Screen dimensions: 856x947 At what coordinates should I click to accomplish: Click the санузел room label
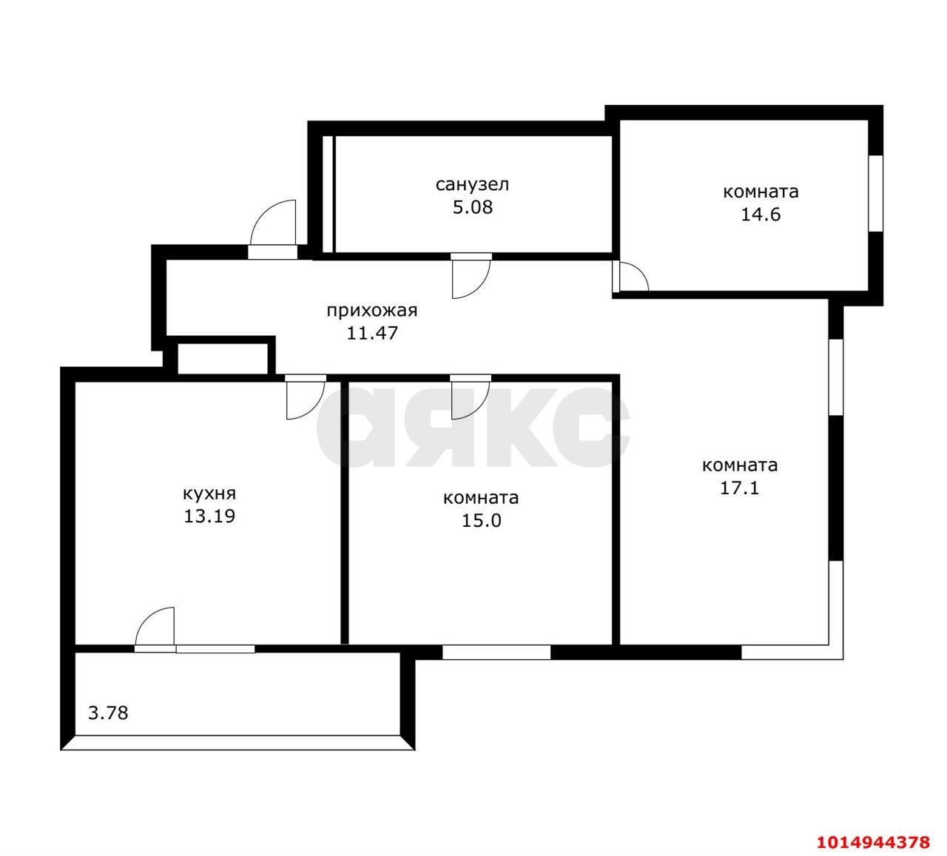pos(472,184)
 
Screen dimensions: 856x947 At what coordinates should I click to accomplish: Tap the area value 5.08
pos(472,207)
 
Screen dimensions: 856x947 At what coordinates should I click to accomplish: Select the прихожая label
pos(372,310)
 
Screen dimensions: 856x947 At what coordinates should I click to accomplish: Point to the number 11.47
pos(372,333)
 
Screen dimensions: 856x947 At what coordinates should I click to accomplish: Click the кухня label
pos(209,493)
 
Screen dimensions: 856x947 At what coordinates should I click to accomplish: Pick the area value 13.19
pos(209,516)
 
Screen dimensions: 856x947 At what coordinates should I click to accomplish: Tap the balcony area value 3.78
pos(108,713)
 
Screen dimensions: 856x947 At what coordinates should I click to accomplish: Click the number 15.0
pos(481,521)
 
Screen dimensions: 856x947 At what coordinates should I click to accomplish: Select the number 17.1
pos(739,488)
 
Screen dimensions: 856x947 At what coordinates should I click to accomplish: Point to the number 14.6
pos(761,215)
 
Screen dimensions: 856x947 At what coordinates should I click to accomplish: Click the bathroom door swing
pos(469,277)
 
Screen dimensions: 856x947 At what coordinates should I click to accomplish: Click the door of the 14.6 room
pos(631,277)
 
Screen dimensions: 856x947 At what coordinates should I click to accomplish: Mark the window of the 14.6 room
pos(875,193)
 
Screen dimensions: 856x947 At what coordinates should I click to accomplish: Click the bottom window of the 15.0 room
pos(496,652)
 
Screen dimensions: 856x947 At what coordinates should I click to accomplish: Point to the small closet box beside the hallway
pos(223,358)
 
